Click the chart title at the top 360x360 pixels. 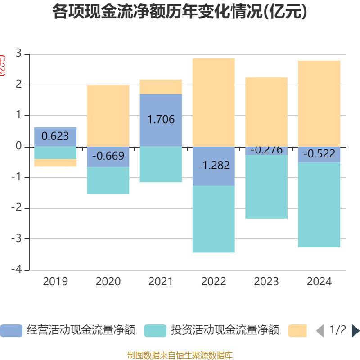[x=180, y=12]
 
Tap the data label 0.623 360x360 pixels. [x=55, y=135]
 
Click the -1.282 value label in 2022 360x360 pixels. [x=214, y=165]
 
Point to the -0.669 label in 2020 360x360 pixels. [x=108, y=156]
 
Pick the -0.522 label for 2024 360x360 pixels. [x=319, y=154]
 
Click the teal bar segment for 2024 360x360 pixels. [x=319, y=205]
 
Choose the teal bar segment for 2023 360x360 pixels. [x=266, y=187]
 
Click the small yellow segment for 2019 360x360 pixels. [x=55, y=163]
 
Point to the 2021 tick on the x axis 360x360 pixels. [x=161, y=282]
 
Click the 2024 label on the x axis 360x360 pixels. [x=319, y=282]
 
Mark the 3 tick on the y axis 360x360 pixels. [x=18, y=54]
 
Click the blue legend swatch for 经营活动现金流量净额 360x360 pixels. [x=11, y=331]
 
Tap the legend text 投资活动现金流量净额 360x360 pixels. [x=225, y=331]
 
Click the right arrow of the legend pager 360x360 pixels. [x=355, y=331]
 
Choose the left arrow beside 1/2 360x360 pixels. [x=320, y=331]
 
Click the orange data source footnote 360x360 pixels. [x=180, y=355]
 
